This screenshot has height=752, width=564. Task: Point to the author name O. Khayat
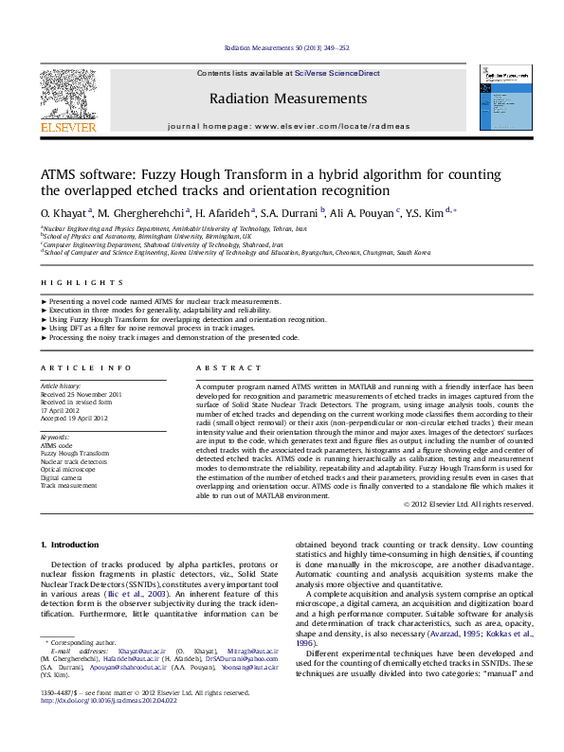pyautogui.click(x=64, y=213)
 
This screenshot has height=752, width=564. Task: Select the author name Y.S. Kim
pyautogui.click(x=450, y=213)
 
